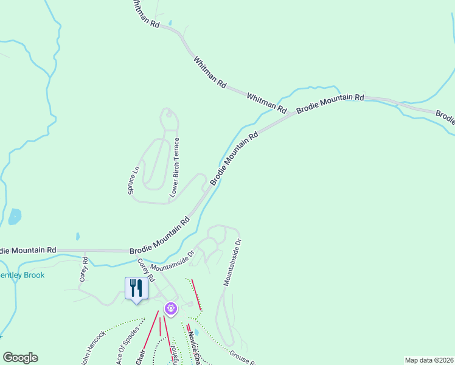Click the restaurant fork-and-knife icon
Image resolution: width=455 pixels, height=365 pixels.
(136, 288)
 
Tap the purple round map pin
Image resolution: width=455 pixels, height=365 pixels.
(171, 309)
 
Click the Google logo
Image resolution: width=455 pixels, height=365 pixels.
(20, 358)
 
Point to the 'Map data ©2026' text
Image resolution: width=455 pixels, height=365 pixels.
(428, 360)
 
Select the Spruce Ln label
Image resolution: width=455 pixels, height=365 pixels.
(134, 180)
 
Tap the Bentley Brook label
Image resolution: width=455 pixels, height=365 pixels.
(22, 275)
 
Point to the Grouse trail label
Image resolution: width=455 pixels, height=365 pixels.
(242, 358)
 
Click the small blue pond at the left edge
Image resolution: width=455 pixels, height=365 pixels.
(15, 216)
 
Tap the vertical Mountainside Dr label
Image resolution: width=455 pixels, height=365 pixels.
(232, 262)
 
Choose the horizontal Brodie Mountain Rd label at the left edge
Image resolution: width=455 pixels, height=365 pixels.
(28, 250)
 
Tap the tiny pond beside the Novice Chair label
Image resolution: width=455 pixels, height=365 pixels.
(203, 332)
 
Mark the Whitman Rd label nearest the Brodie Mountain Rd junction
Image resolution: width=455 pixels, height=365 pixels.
(266, 103)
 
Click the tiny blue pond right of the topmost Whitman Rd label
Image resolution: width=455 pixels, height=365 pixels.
(170, 23)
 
